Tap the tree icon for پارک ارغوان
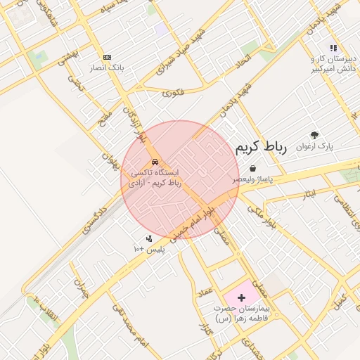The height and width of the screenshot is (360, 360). [314, 135]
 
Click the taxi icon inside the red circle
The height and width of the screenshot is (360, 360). [155, 162]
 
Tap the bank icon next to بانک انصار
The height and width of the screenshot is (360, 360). [107, 57]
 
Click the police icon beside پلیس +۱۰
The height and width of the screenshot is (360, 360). [148, 238]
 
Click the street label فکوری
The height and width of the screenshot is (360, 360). [173, 92]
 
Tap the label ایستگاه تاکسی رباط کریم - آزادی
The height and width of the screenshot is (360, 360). [156, 177]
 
